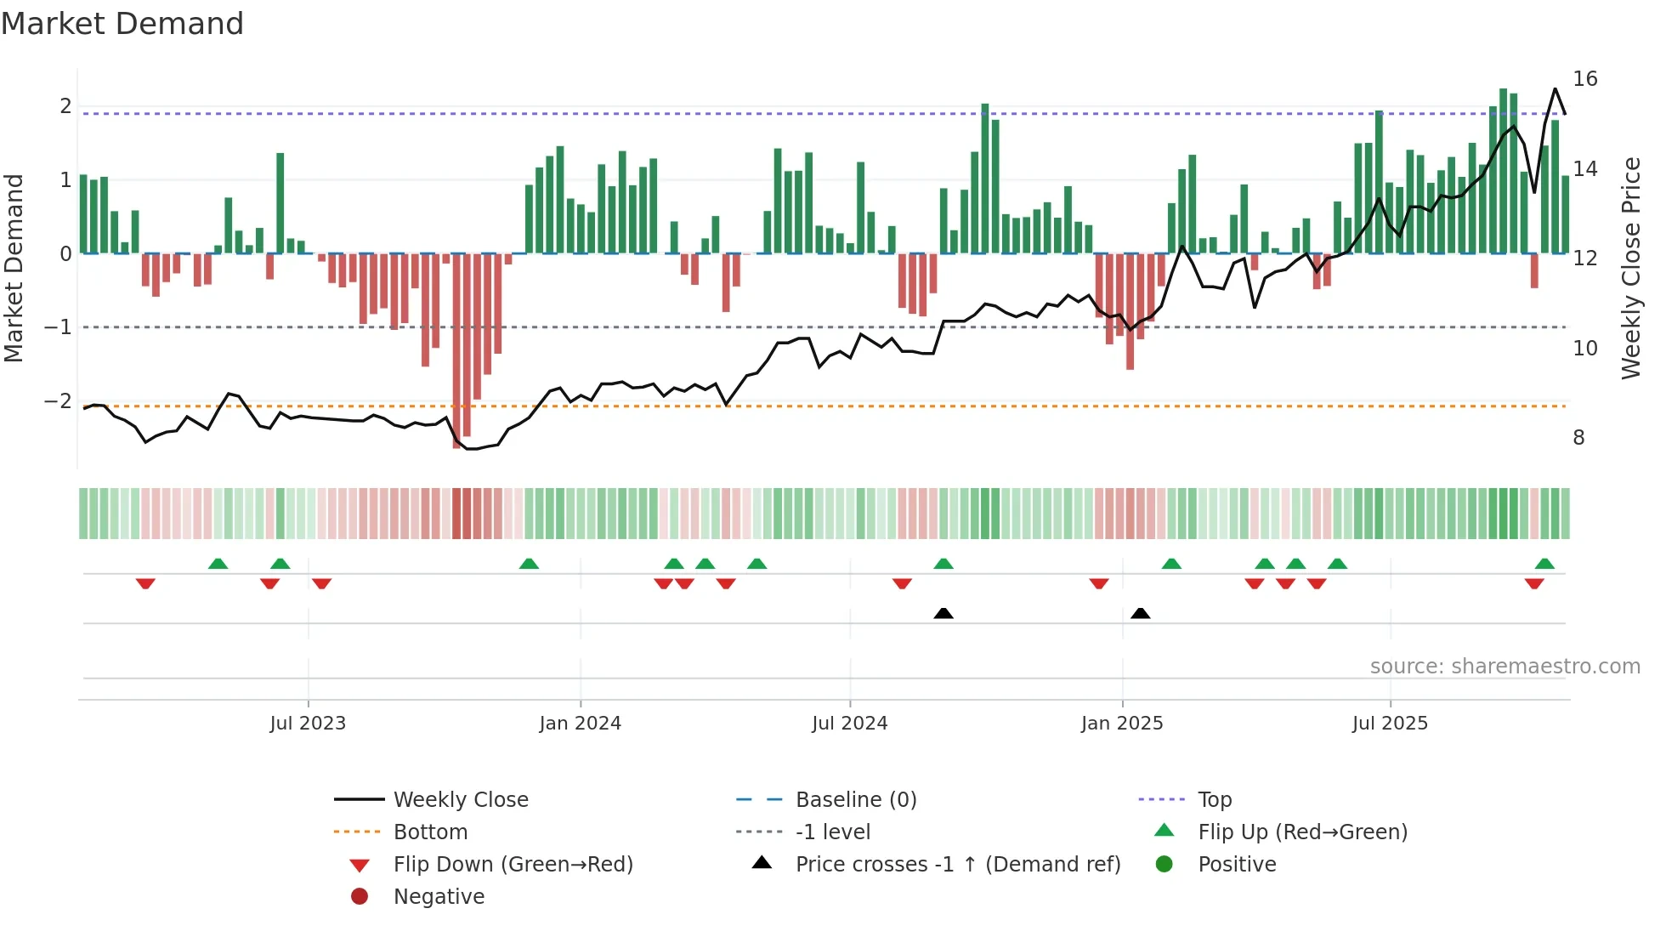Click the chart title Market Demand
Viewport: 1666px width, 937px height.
click(x=122, y=24)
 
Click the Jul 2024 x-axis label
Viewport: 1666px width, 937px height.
click(x=849, y=724)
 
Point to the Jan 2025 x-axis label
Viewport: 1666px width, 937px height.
click(x=1122, y=724)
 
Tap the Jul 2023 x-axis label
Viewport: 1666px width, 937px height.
click(x=308, y=724)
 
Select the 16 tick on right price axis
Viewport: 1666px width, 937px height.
click(x=1585, y=79)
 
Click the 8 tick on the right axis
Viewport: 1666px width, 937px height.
click(x=1578, y=438)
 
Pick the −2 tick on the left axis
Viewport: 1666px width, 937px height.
click(x=58, y=400)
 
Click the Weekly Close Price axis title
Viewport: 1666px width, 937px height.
click(x=1630, y=268)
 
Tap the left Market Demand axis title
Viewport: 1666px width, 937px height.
click(x=14, y=268)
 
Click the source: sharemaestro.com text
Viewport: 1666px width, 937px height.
click(x=1504, y=667)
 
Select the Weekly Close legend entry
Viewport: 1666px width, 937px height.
click(x=461, y=800)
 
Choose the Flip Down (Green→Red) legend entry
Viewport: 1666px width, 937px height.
click(x=513, y=865)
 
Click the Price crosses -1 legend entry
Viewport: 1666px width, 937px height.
click(x=957, y=865)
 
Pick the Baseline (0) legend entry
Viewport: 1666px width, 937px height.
click(x=855, y=800)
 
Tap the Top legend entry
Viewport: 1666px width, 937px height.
click(x=1215, y=800)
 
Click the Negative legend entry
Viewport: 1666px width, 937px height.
click(x=439, y=897)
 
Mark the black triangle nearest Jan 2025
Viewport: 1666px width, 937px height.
click(x=1141, y=613)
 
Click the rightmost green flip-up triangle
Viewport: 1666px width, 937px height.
click(x=1544, y=564)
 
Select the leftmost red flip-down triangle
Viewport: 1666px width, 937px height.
click(x=145, y=583)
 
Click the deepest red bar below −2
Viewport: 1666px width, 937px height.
click(x=456, y=357)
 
